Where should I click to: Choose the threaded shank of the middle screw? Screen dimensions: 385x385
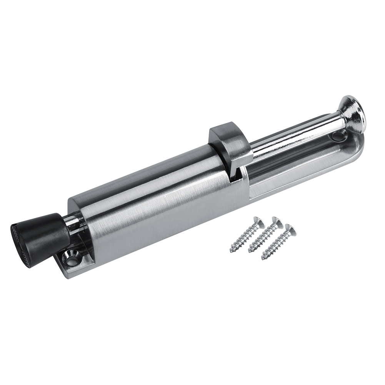pos(263,237)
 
